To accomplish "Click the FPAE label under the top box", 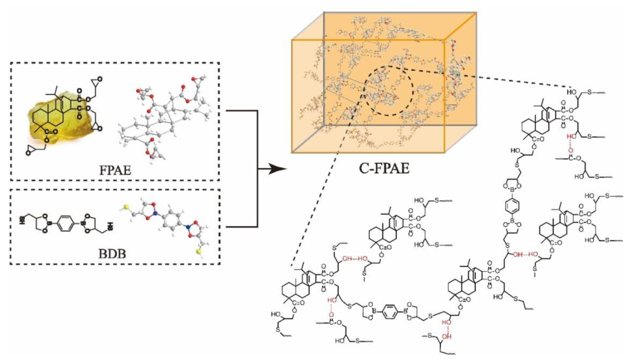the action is point(115,170).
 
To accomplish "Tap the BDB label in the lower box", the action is point(112,254).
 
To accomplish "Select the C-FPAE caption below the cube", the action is point(384,168).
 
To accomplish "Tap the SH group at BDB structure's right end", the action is point(110,226).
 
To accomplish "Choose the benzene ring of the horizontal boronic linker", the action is point(390,311).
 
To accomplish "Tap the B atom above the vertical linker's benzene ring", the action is point(512,189).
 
